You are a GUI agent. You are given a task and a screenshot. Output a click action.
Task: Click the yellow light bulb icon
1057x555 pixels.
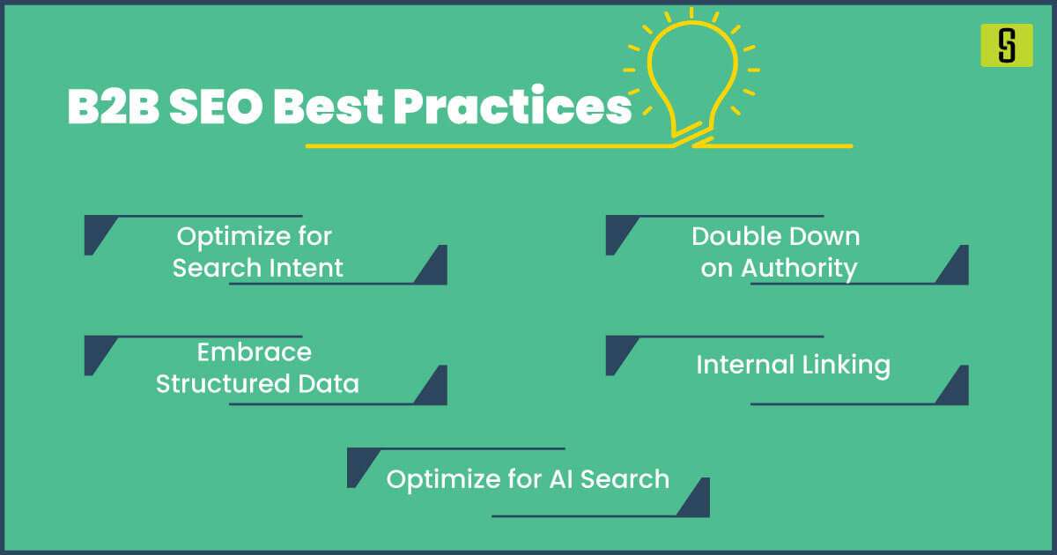(691, 75)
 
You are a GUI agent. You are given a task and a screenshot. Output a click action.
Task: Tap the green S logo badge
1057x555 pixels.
(1006, 45)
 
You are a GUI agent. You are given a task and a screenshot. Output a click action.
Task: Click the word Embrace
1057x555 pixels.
(254, 352)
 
